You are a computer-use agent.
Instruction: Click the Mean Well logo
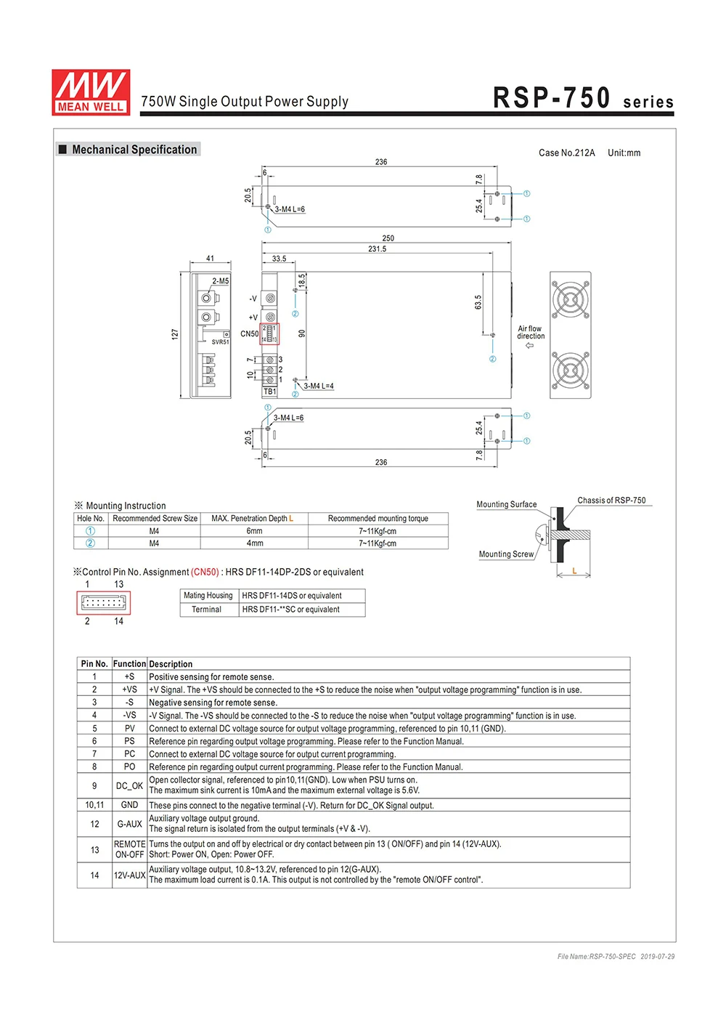point(91,92)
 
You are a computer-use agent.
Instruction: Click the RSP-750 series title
point(583,99)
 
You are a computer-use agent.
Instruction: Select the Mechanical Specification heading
point(134,150)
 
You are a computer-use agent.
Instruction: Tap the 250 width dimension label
point(388,238)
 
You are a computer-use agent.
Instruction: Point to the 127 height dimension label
point(175,334)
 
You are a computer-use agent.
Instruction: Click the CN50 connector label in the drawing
point(249,334)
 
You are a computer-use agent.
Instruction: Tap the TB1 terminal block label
point(269,392)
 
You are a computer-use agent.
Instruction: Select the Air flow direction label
point(530,333)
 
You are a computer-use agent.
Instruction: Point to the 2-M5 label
point(220,281)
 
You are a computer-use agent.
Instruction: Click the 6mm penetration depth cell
point(254,531)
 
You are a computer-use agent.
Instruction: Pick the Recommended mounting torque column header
point(378,519)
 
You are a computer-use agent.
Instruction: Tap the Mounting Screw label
point(506,554)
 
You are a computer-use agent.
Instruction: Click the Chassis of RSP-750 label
point(611,501)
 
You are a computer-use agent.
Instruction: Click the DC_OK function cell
point(129,785)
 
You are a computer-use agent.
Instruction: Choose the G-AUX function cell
point(129,824)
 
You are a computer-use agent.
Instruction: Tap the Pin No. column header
point(94,664)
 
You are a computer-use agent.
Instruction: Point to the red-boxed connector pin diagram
point(103,603)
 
